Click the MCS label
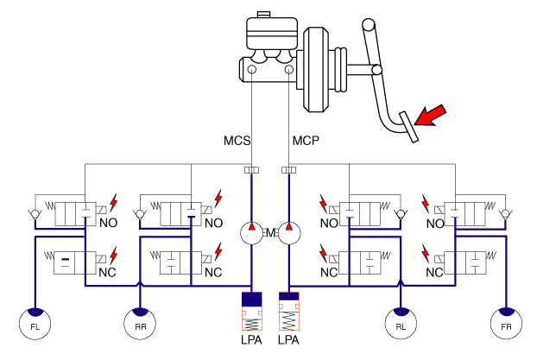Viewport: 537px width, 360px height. coord(237,140)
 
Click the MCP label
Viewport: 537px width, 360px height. coord(306,140)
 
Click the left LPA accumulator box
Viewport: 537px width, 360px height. coord(250,313)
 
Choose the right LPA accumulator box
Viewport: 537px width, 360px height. coord(289,313)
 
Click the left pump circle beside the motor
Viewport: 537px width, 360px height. coord(250,233)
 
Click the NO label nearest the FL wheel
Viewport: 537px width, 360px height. coord(109,222)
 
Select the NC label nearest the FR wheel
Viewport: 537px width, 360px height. coord(433,274)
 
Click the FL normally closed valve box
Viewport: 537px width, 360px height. coord(73,262)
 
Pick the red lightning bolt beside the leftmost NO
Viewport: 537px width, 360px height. coord(111,201)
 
